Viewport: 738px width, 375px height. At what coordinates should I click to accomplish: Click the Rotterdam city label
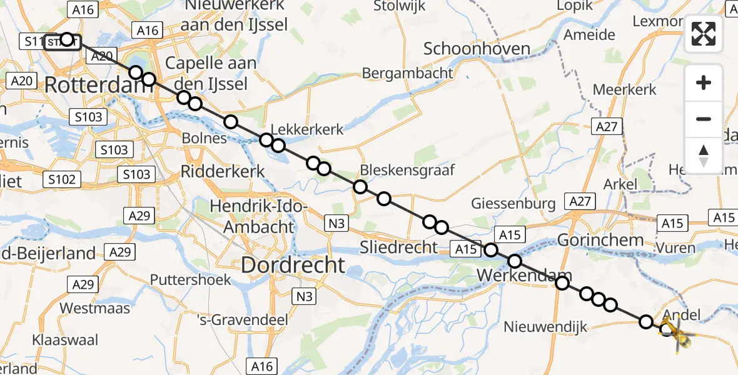click(x=99, y=86)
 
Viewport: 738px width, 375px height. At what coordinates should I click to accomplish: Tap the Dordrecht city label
click(x=293, y=265)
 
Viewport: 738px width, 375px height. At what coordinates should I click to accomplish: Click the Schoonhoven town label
click(x=477, y=49)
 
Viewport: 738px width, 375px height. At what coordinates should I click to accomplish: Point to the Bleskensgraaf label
click(x=407, y=170)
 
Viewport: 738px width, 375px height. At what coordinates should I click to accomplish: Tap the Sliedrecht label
click(x=398, y=247)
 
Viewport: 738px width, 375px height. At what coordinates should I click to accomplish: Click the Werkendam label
click(x=524, y=275)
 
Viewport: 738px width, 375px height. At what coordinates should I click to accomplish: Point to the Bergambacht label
click(x=408, y=73)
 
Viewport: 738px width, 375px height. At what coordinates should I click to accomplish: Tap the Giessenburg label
click(x=513, y=203)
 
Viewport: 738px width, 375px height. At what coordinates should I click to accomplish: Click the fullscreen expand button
click(x=704, y=34)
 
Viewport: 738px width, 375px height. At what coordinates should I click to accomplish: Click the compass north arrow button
click(x=704, y=155)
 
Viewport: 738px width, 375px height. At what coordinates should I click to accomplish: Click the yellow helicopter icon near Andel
click(x=674, y=331)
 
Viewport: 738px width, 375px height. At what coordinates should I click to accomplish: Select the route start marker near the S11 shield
click(x=67, y=39)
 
